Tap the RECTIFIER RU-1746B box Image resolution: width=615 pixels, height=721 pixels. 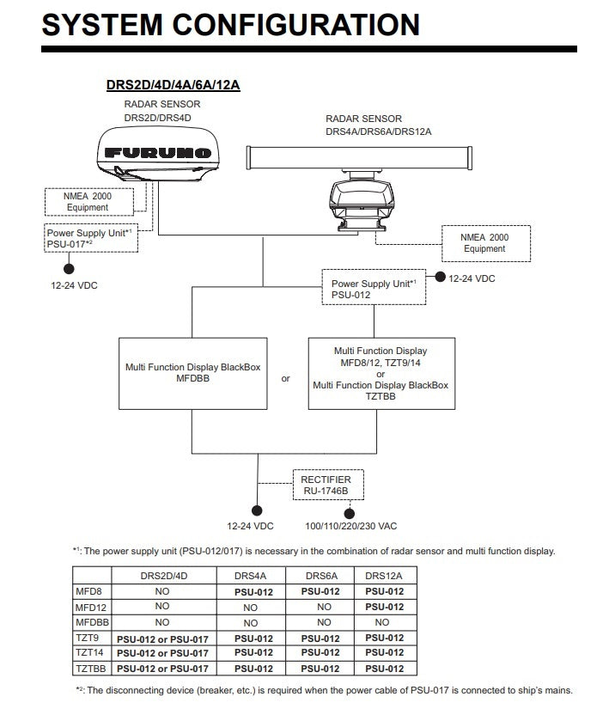click(326, 486)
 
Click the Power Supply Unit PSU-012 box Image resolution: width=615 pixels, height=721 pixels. click(374, 288)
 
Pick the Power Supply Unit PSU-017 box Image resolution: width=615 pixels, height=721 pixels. click(90, 238)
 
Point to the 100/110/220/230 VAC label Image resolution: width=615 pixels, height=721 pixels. click(351, 525)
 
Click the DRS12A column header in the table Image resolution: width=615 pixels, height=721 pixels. click(384, 575)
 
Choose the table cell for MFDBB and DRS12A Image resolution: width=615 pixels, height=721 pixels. click(384, 622)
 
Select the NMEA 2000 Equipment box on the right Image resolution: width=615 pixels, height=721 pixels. click(484, 243)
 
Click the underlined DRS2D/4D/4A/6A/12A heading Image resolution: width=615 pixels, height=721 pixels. click(172, 85)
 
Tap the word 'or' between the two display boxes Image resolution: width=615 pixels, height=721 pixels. click(286, 378)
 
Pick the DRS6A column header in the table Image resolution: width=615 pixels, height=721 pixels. click(324, 575)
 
